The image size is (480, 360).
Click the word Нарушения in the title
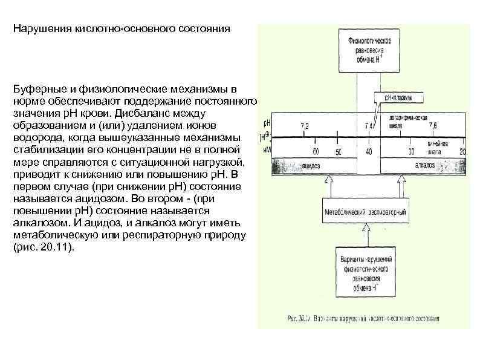click(41, 30)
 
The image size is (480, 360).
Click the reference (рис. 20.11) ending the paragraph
click(42, 248)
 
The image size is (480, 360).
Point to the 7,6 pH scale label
click(433, 125)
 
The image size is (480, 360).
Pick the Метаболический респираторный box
click(365, 213)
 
